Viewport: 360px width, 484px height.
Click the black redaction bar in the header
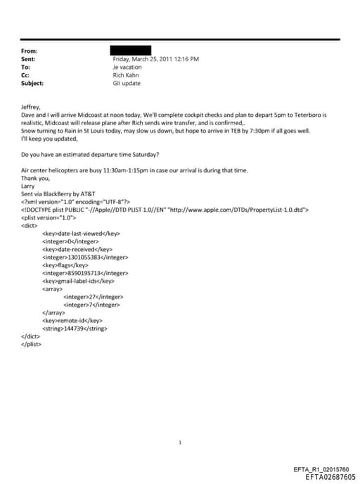pos(131,51)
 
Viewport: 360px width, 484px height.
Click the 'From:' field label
pos(30,51)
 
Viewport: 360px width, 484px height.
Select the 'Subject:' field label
pos(32,83)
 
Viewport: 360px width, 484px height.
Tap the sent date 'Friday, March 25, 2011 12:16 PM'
pos(155,59)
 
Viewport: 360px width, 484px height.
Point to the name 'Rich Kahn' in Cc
pos(127,75)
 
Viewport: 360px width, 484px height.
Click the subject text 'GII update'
pos(127,83)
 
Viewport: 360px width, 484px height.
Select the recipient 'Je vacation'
pos(127,68)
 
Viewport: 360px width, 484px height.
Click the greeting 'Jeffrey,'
pos(32,107)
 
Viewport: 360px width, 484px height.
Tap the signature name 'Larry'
pos(29,186)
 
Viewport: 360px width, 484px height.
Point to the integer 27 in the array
pos(92,297)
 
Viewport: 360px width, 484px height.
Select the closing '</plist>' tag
pos(32,344)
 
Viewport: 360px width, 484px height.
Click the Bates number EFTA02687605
pos(330,476)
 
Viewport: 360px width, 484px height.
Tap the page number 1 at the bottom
pos(181,442)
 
